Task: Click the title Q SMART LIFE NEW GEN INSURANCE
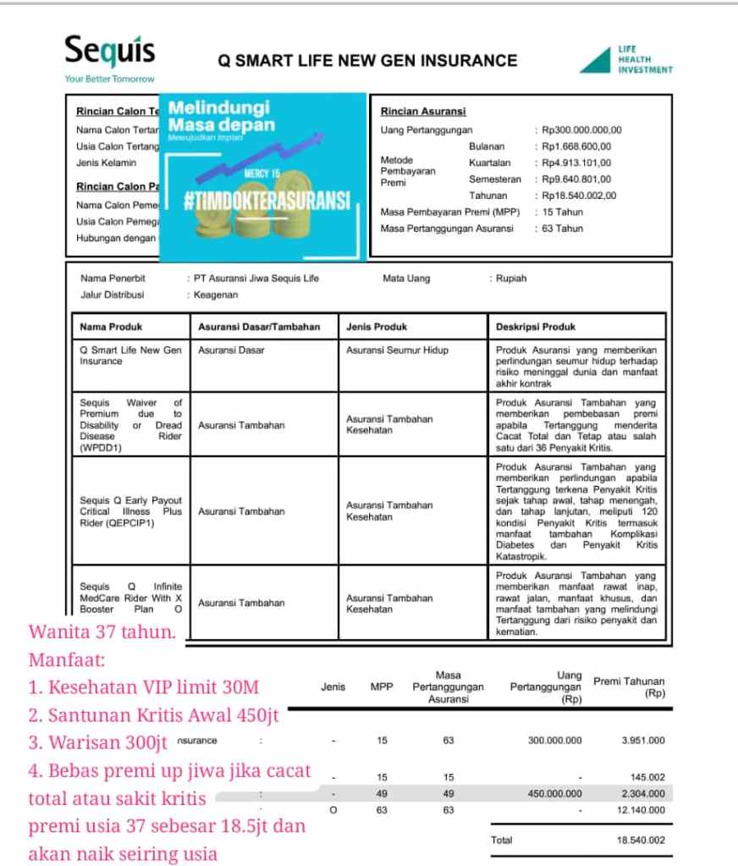pos(367,60)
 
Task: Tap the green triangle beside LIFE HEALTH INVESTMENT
pos(597,61)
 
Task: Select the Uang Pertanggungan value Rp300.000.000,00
pos(582,130)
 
